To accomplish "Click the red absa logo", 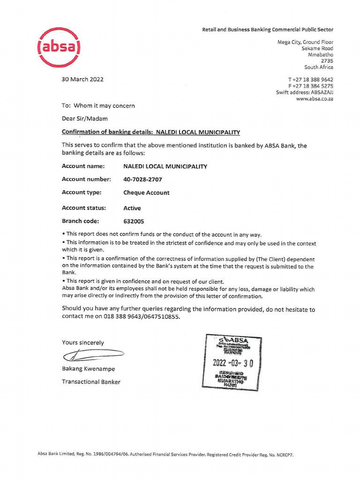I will (59, 47).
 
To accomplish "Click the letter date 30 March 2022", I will (82, 79).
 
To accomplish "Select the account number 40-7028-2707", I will (143, 179).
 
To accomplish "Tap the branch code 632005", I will (134, 221).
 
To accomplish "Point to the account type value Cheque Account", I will (146, 193).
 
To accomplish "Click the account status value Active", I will (132, 208).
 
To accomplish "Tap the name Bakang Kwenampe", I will (88, 369).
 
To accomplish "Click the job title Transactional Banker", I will (91, 382).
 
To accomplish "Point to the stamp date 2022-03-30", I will (232, 363).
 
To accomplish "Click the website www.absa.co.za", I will (315, 99).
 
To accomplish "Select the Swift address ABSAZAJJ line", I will (304, 93).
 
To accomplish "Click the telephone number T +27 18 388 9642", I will (310, 80).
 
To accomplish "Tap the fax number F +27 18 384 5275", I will (310, 86).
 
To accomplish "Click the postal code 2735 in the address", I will (327, 60).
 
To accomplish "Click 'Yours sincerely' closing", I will (83, 343).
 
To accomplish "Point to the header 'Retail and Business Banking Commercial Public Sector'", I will (267, 30).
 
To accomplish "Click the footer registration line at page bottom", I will (165, 455).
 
